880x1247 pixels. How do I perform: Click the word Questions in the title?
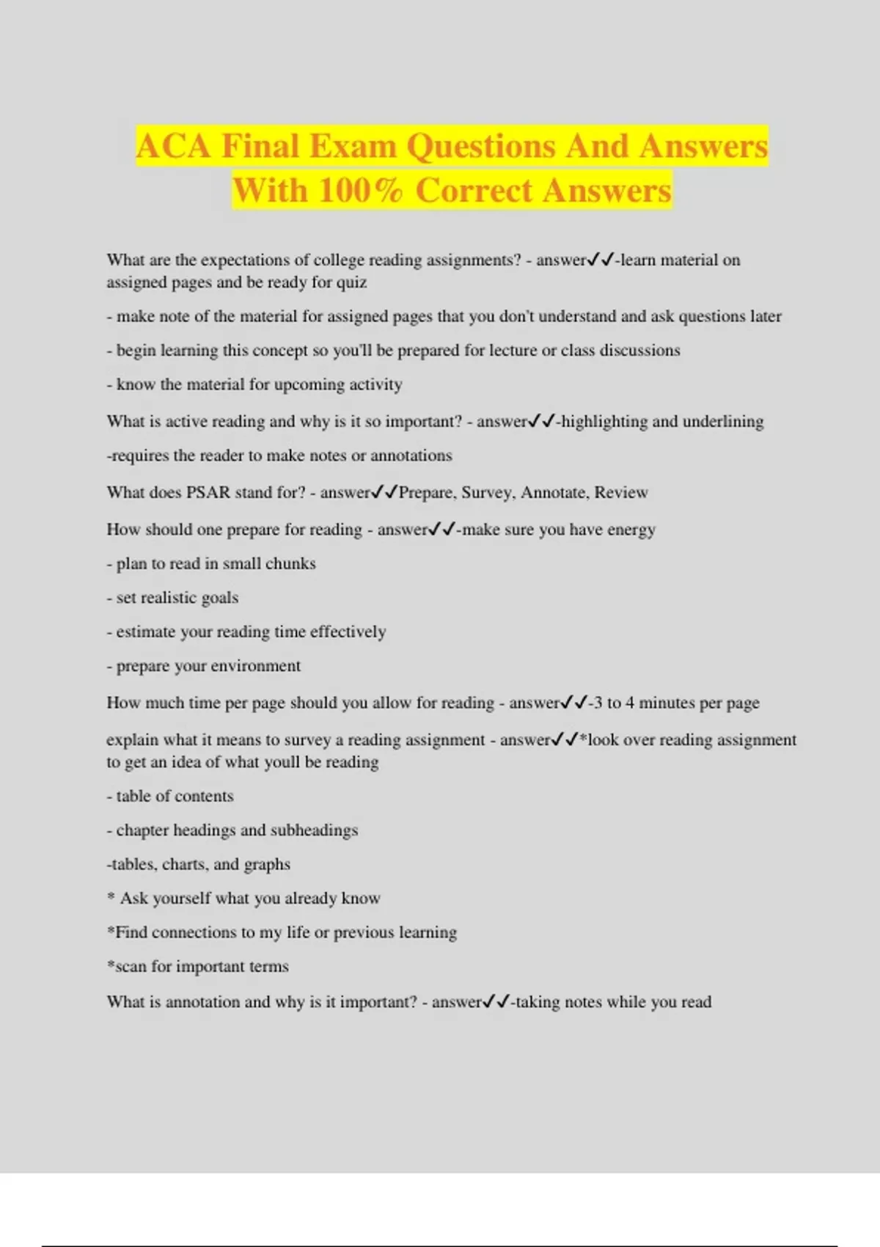[x=481, y=146]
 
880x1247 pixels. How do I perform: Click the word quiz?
[x=351, y=282]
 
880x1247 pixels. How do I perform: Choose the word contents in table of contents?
[x=208, y=796]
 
